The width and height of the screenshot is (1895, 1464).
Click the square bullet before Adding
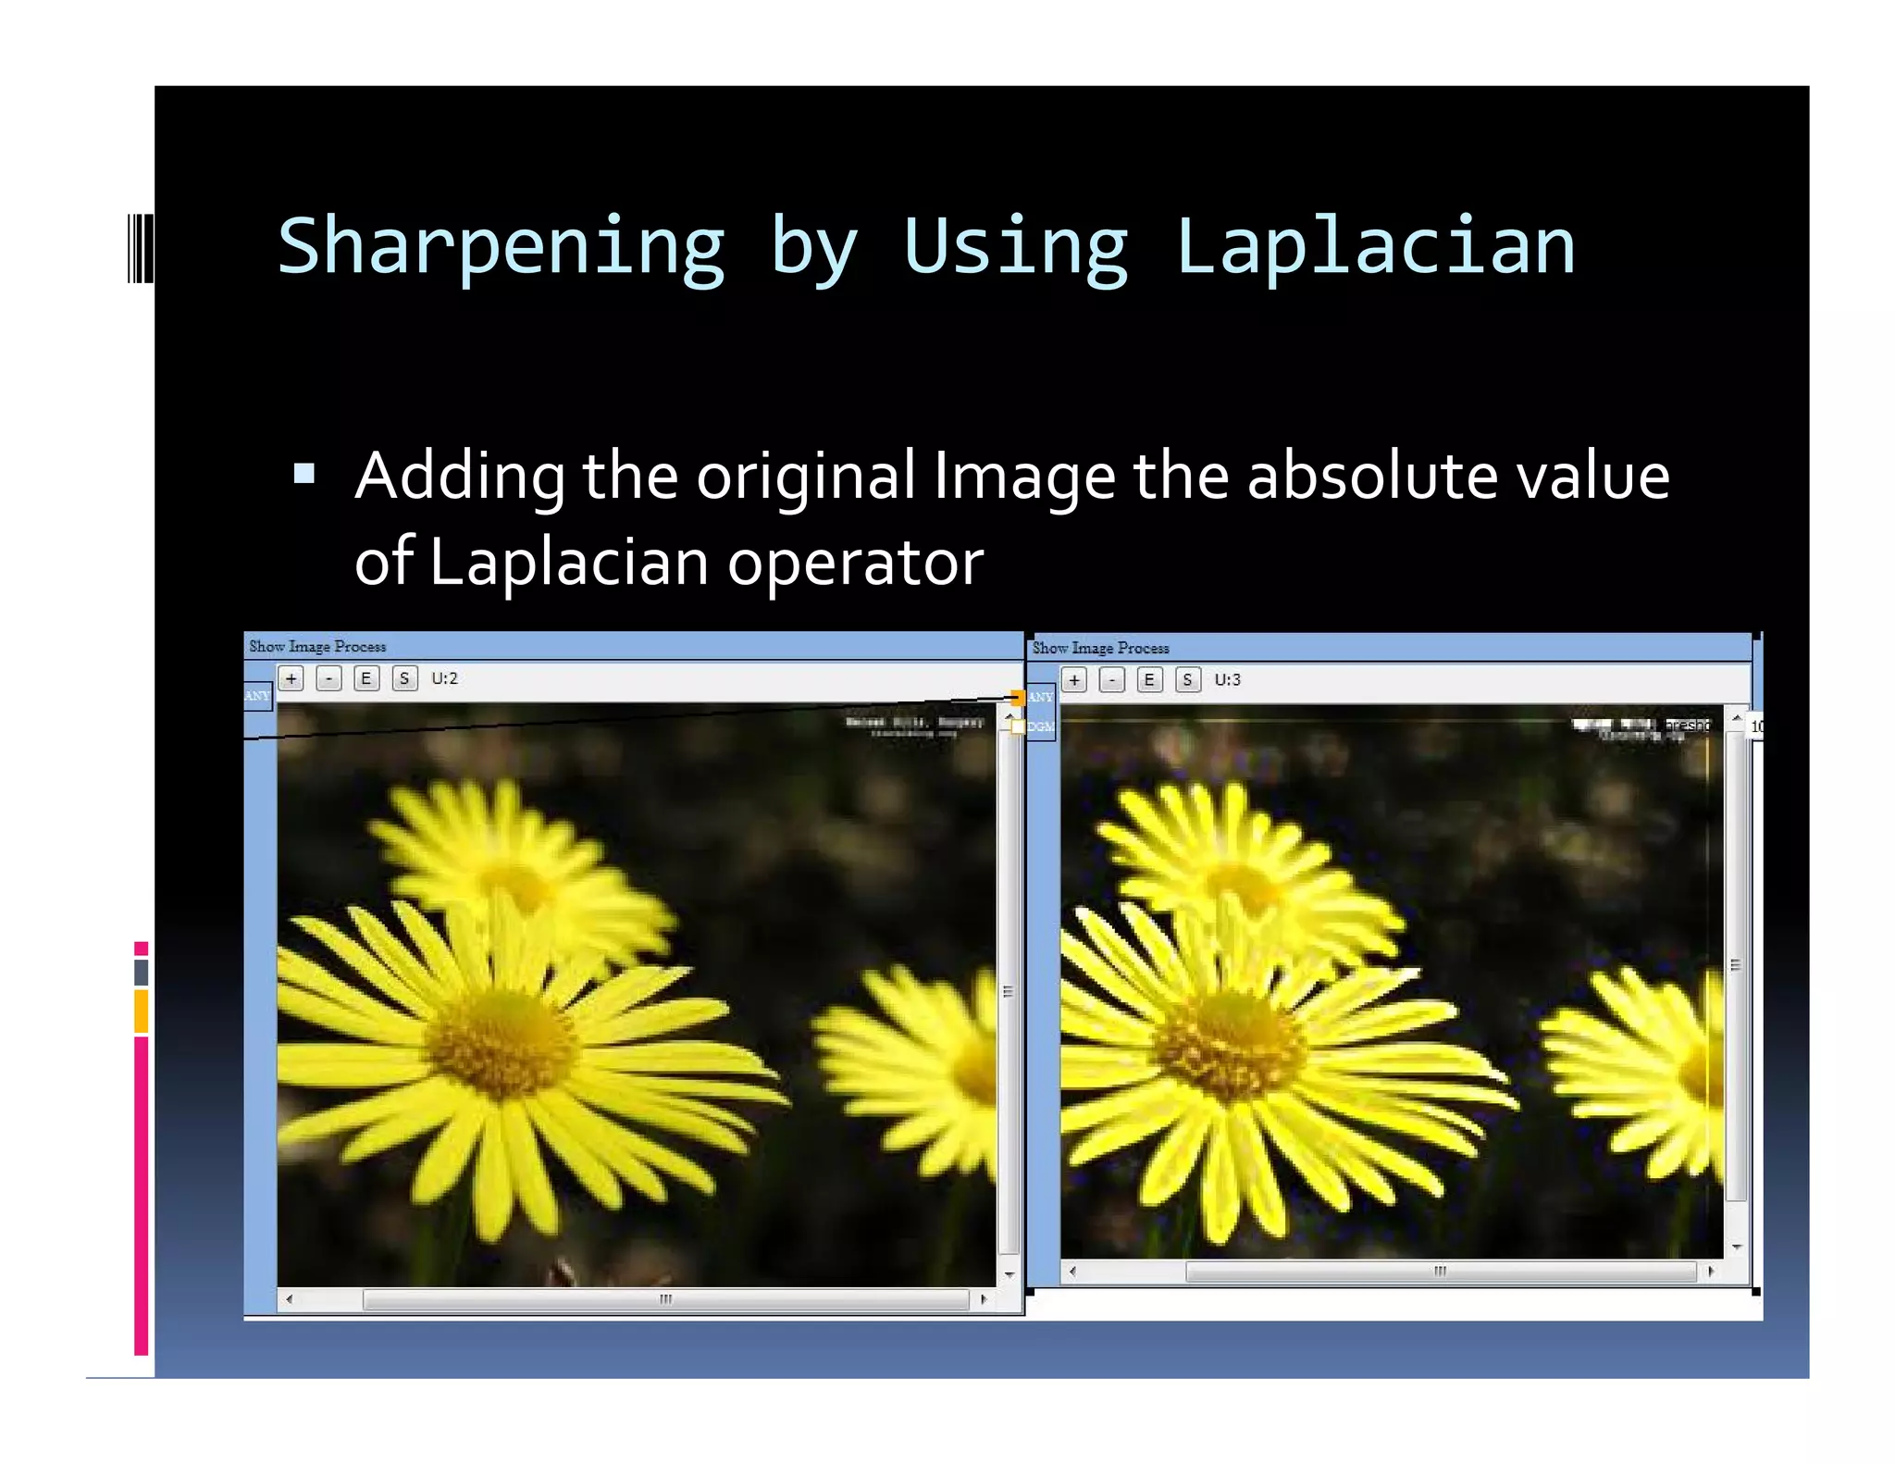[303, 475]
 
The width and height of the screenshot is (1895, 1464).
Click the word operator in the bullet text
[855, 562]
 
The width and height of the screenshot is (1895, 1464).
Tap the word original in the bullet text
[805, 476]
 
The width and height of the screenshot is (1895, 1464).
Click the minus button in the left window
[328, 678]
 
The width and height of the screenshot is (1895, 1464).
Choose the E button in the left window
[366, 678]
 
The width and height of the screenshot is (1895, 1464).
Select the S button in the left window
[404, 678]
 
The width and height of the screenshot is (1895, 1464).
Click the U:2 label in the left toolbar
[444, 678]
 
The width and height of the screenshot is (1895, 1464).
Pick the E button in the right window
[1149, 680]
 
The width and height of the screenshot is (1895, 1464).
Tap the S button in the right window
[1187, 680]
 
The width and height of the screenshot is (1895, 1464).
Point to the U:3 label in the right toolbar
[1227, 680]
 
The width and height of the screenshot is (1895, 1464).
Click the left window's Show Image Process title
[317, 646]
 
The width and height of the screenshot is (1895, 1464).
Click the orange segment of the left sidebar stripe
[141, 1011]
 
